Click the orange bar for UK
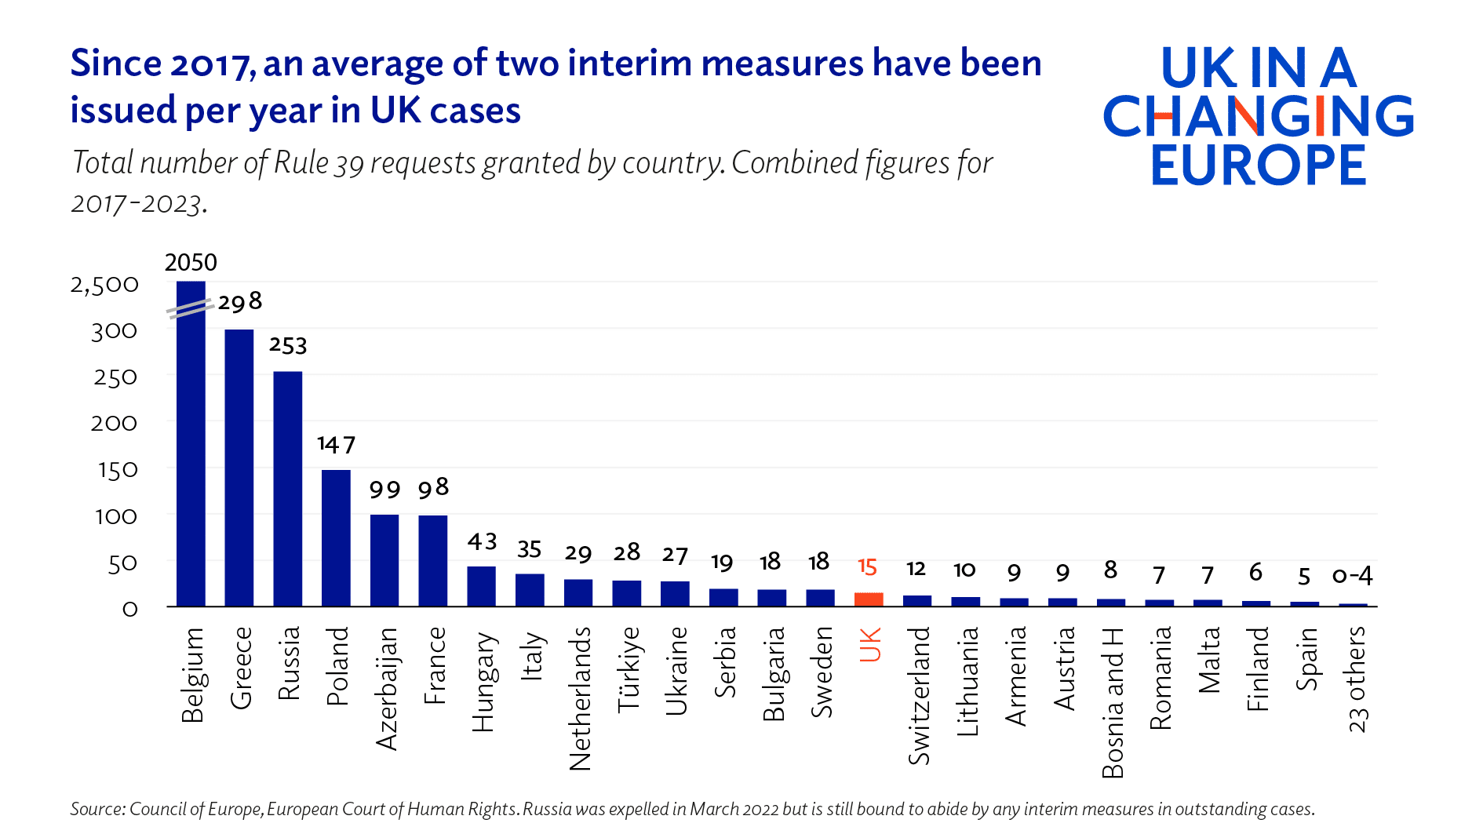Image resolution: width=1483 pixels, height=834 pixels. [869, 599]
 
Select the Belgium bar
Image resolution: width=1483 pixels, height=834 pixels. [191, 455]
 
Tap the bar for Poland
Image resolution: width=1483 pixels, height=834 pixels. [336, 538]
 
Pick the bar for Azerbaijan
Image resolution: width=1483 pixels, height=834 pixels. [384, 560]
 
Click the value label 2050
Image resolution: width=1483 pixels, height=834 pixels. [191, 262]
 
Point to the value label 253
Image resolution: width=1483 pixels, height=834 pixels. [288, 346]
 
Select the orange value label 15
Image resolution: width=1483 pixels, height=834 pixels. [867, 566]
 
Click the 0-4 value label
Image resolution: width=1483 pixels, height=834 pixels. [1352, 576]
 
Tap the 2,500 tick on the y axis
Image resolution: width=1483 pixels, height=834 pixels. [104, 285]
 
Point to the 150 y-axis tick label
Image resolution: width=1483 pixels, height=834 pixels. [118, 470]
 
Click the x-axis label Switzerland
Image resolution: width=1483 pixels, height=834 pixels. [918, 695]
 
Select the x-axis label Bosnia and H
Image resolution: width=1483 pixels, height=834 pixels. [1112, 702]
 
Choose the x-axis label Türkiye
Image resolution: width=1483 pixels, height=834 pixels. [628, 668]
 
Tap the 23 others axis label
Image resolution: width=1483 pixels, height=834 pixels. [1357, 679]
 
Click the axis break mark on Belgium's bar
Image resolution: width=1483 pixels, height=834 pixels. [190, 308]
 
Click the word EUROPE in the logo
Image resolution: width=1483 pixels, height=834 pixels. [1259, 165]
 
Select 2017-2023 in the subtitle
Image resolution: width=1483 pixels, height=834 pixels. [138, 204]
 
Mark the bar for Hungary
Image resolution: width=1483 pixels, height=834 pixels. [481, 586]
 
